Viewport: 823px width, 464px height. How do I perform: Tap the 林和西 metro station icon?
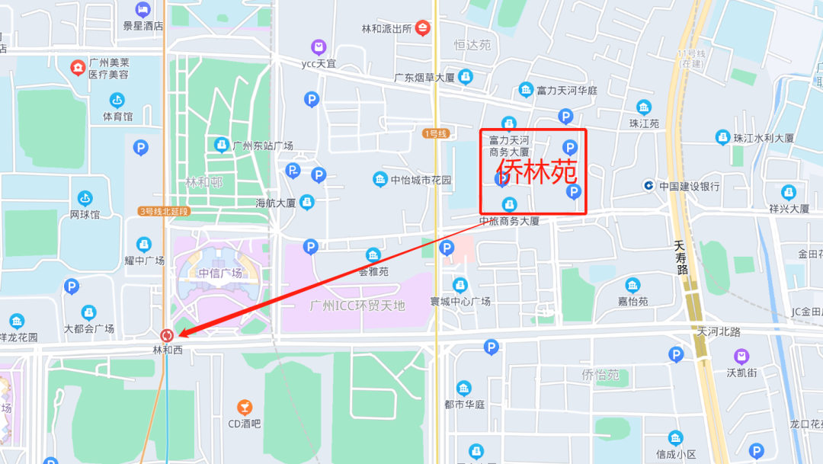167,334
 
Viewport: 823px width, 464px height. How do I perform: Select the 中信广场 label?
220,273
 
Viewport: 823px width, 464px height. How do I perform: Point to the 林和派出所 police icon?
422,28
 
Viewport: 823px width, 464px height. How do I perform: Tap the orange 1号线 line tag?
435,133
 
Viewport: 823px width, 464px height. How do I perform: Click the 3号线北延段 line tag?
164,211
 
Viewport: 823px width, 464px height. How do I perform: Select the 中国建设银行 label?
689,186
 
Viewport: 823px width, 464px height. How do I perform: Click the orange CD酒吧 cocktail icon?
245,407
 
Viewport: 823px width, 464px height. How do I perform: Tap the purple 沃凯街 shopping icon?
741,356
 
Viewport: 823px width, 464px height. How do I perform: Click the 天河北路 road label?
719,331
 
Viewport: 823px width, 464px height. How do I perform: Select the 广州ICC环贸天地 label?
357,306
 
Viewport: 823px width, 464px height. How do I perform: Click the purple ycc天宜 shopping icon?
319,47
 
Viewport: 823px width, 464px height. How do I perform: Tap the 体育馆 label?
117,117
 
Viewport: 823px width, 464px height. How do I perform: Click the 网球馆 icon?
85,198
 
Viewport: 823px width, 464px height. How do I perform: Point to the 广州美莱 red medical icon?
78,68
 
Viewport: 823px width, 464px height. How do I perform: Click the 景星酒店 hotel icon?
143,9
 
